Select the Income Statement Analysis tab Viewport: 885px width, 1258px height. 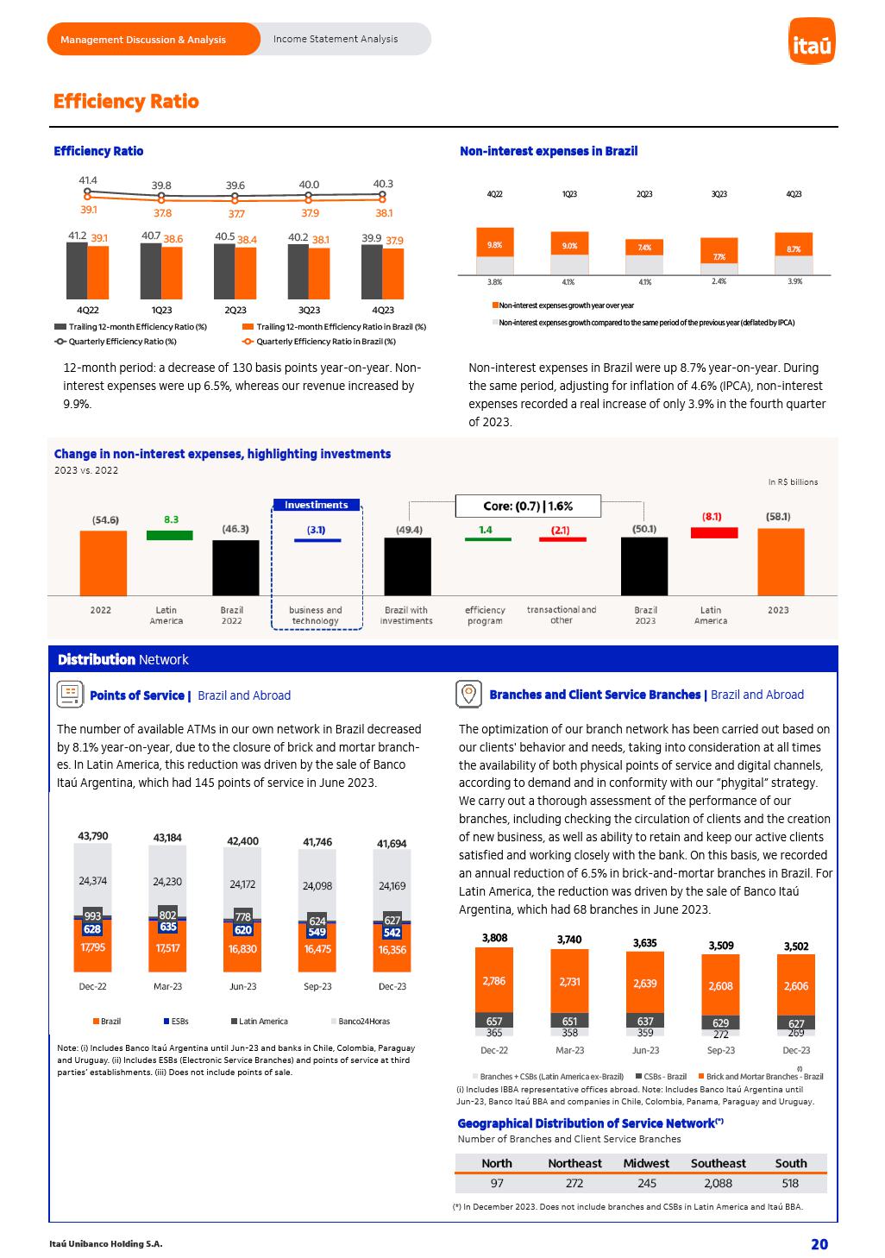click(336, 39)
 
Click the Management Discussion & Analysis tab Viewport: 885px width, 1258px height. click(143, 40)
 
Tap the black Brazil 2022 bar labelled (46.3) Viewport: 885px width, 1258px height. click(235, 567)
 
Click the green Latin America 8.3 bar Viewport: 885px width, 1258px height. click(170, 535)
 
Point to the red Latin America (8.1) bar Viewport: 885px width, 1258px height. click(714, 532)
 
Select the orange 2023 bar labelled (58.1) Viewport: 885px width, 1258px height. click(781, 561)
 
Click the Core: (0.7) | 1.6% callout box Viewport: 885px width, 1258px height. click(528, 506)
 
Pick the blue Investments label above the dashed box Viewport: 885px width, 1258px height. click(317, 505)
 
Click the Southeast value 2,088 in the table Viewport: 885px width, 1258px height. click(718, 1183)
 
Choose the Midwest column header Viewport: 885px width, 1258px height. click(646, 1163)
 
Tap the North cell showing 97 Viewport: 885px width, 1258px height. click(497, 1183)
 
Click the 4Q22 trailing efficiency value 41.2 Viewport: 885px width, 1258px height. click(77, 236)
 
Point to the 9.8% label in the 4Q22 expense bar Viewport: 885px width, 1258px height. click(494, 245)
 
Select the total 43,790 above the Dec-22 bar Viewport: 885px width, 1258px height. click(93, 836)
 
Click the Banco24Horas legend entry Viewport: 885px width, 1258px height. click(363, 1022)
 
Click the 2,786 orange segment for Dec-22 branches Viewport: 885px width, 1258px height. click(494, 980)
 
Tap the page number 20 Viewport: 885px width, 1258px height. click(819, 1243)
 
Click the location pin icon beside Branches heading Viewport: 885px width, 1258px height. click(468, 694)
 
